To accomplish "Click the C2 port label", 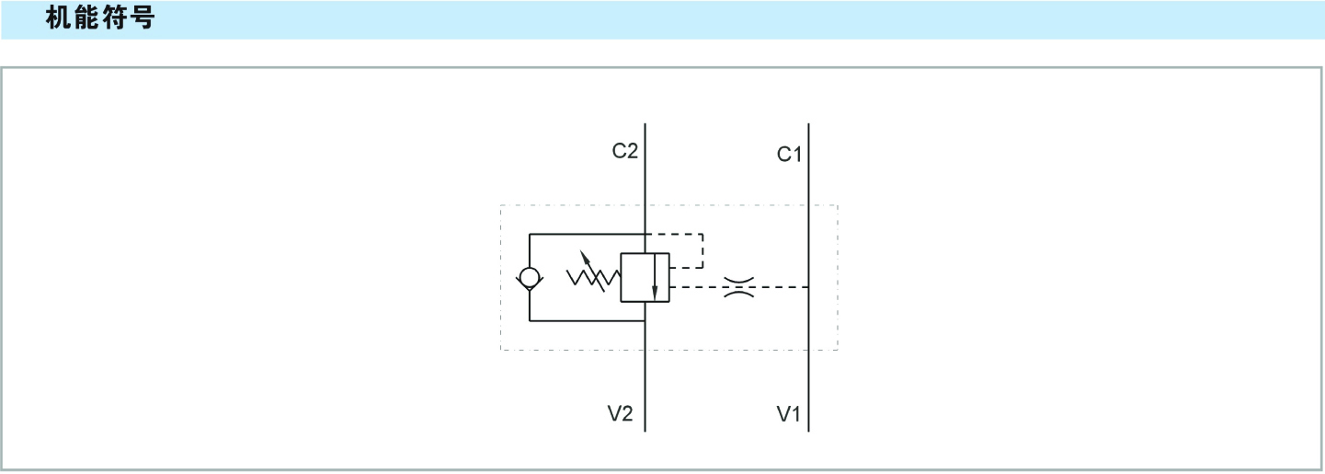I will pos(625,151).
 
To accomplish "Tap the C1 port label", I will pos(790,155).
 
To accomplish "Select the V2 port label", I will pos(621,414).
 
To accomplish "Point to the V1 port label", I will pos(789,415).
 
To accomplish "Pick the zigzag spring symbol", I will pos(593,276).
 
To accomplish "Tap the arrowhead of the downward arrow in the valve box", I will pos(655,292).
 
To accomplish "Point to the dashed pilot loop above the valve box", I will pos(702,249).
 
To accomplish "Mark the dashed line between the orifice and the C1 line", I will pos(782,287).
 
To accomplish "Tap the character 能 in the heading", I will pos(86,19).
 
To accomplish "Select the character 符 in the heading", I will pos(114,19).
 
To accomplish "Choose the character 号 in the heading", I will pos(142,19).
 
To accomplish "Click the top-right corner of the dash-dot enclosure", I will pos(838,205).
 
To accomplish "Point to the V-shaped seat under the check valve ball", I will pos(531,288).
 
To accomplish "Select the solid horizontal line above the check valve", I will pos(587,235).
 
